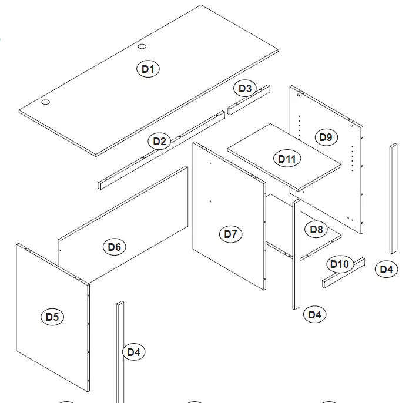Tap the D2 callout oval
coord(160,141)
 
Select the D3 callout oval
coord(244,89)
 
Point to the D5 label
coord(52,317)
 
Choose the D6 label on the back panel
coord(114,247)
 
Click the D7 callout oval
coord(230,234)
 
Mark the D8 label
coord(316,229)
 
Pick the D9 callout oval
coord(326,137)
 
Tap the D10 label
coord(339,264)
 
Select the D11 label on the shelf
coord(287,159)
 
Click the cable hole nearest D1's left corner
coord(45,102)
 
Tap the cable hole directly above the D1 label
coord(142,47)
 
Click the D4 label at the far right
coord(385,269)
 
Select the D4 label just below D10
coord(315,314)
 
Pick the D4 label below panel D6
coord(134,352)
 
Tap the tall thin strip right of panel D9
coord(393,198)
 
